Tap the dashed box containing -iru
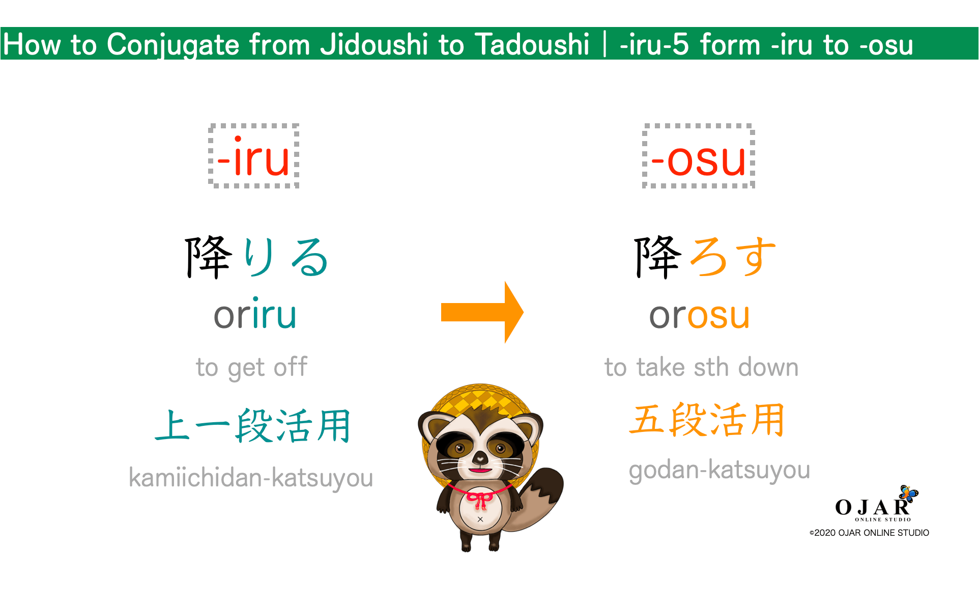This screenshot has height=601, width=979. [253, 156]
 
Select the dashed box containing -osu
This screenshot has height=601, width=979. [698, 156]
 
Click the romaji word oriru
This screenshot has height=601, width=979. [254, 315]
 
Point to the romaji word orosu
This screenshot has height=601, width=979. [699, 315]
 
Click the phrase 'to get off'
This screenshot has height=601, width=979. [252, 367]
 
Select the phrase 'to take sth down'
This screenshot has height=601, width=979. [701, 367]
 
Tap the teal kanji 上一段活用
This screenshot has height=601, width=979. [253, 426]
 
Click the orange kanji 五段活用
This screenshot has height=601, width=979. [707, 420]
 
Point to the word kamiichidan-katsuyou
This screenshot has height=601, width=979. [251, 478]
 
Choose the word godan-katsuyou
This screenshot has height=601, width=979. [719, 470]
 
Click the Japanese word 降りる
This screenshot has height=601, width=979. [256, 257]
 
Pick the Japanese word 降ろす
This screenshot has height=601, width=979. [705, 257]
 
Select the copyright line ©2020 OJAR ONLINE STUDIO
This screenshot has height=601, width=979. [869, 533]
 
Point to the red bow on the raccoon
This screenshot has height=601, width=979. [479, 500]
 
